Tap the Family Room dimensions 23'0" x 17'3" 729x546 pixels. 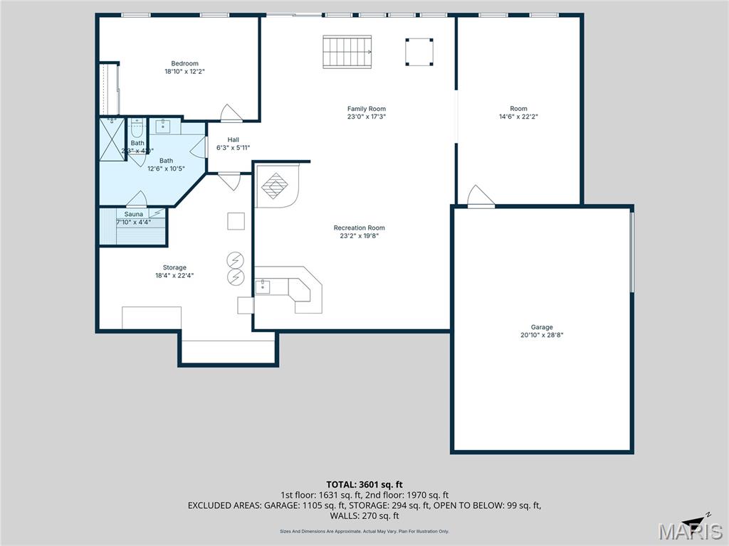[x=367, y=117]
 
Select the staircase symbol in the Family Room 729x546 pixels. [x=347, y=51]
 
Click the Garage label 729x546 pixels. [x=541, y=327]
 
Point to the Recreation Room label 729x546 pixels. [x=359, y=227]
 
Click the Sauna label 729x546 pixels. [x=134, y=214]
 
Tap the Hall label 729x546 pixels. [x=234, y=139]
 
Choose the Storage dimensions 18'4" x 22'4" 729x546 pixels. [x=174, y=276]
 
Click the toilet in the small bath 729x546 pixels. [x=137, y=129]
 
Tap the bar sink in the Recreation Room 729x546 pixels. [x=263, y=287]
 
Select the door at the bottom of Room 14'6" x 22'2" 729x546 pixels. [x=480, y=197]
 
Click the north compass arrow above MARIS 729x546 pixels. [x=697, y=518]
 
